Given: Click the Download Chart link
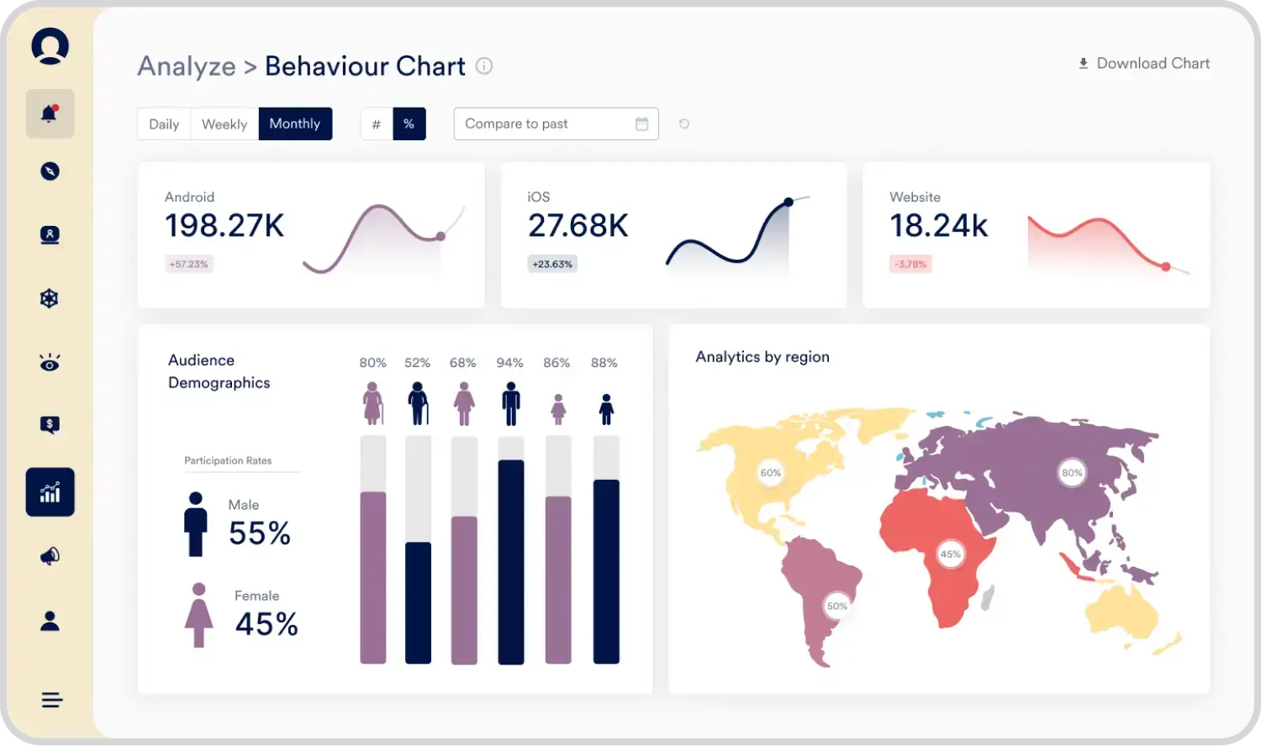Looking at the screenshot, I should click(1144, 64).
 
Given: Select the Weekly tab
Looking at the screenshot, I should click(224, 124).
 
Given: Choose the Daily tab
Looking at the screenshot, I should click(164, 124).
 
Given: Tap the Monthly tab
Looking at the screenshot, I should click(295, 123).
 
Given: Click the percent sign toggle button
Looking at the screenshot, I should click(409, 124).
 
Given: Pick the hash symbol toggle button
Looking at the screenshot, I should click(377, 124).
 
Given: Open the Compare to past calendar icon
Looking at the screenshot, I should click(641, 124).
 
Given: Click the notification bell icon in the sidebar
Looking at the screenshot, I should click(50, 113).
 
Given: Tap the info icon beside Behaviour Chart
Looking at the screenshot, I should click(484, 66).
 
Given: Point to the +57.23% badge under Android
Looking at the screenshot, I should click(188, 264).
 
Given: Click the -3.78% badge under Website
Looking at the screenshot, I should click(910, 264).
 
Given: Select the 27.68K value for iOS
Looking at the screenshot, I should click(578, 226).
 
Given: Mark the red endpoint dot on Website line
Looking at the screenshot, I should click(1166, 266).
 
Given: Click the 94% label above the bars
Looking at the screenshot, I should click(509, 363).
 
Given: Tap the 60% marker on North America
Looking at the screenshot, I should click(770, 473).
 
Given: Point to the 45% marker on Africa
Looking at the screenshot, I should click(950, 554).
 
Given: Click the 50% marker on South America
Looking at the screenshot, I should click(837, 606).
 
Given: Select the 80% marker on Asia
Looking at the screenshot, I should click(1072, 473).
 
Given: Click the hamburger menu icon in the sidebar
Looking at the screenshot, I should click(51, 700).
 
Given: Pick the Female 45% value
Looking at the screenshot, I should click(266, 624).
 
